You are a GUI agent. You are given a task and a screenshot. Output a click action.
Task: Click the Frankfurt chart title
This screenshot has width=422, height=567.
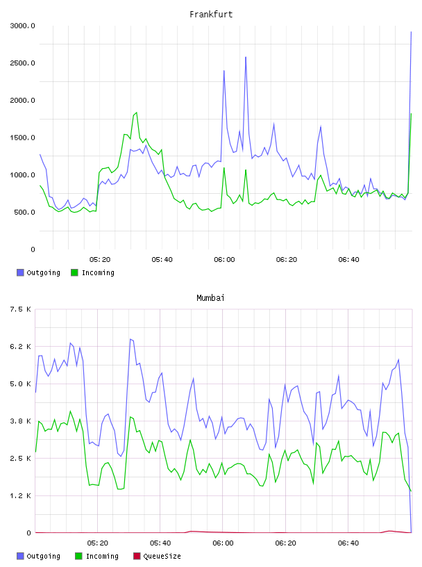click(x=211, y=15)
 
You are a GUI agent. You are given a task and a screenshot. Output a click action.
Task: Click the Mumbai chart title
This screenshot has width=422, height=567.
click(x=210, y=298)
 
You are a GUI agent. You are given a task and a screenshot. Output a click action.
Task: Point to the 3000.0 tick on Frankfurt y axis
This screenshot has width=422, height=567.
click(x=22, y=26)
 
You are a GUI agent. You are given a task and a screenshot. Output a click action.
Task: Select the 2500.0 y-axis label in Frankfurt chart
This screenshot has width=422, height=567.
click(x=22, y=63)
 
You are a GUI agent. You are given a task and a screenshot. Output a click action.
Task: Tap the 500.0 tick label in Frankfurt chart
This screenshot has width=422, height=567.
click(x=24, y=212)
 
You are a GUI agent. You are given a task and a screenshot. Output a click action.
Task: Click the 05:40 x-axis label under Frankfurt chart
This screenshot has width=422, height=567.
click(x=162, y=260)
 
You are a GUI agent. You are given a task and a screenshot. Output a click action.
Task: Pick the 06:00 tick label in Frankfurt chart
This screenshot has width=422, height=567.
click(x=224, y=260)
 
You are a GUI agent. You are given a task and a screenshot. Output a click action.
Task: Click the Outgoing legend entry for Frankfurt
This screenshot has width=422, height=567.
click(x=39, y=272)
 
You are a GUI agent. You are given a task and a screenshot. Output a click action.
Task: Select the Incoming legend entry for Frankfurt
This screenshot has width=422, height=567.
click(x=93, y=272)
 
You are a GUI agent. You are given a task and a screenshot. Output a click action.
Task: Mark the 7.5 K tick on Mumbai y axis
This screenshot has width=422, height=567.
click(x=21, y=309)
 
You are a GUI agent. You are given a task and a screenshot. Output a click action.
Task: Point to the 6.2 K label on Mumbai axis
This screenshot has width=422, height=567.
click(x=21, y=347)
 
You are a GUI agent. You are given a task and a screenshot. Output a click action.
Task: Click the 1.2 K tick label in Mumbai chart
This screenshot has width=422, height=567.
click(x=21, y=495)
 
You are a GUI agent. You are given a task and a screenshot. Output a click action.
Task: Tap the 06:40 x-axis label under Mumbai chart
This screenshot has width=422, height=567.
click(x=348, y=543)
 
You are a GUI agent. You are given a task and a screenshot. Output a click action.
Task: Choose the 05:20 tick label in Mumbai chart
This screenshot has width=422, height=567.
click(x=98, y=543)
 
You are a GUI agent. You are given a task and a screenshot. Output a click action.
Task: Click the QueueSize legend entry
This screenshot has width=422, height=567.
click(x=157, y=556)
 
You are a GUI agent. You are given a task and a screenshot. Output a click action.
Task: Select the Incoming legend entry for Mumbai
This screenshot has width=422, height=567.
click(x=97, y=556)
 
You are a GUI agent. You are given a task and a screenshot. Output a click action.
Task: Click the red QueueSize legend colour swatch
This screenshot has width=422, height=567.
click(x=137, y=556)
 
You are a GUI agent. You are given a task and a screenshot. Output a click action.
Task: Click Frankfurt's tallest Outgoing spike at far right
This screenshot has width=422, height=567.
click(x=411, y=32)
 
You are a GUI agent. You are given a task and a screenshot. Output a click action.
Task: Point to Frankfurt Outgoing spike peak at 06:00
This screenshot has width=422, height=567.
click(x=224, y=70)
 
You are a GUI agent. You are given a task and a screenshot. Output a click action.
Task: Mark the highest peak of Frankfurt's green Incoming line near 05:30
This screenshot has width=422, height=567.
click(x=136, y=113)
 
